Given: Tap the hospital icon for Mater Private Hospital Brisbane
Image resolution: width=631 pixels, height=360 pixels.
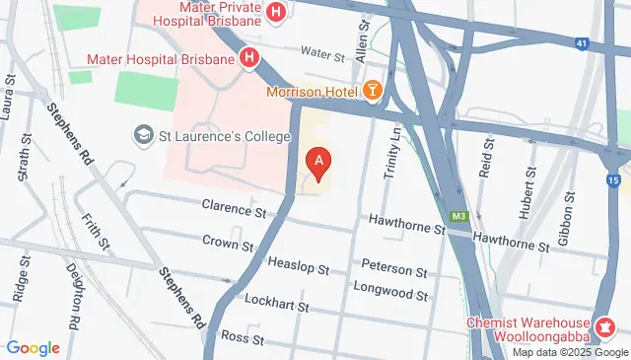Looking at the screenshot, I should [277, 13].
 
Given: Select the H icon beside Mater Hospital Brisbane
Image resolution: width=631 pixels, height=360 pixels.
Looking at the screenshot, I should [250, 58].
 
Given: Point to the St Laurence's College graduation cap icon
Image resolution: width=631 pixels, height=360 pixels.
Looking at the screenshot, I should [144, 133].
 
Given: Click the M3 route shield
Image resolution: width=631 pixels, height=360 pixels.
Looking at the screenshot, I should [457, 216].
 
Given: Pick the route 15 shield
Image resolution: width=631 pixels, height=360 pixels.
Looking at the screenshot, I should [614, 181].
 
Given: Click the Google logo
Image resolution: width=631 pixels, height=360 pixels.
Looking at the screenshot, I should [33, 348].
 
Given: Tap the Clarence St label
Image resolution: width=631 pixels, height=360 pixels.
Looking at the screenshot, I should [234, 209].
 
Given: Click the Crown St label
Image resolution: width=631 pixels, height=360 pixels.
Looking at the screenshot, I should [229, 241].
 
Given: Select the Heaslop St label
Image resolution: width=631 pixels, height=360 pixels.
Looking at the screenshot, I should [300, 263].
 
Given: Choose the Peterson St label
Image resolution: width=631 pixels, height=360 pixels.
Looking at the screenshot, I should [393, 269].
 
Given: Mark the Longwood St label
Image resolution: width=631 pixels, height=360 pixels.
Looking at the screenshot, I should [394, 294].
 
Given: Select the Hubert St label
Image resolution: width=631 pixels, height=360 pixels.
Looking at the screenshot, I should [525, 197].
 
